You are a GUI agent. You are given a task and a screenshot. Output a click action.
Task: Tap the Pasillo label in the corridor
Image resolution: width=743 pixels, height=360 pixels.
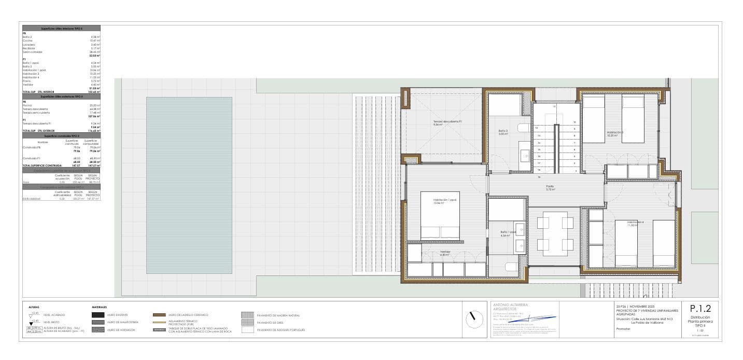click(x=550, y=186)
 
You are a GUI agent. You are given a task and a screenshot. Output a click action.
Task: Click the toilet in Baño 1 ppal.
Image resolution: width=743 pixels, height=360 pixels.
click(x=511, y=268)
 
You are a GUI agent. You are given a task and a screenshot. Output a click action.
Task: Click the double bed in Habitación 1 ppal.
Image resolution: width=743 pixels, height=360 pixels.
click(x=440, y=233)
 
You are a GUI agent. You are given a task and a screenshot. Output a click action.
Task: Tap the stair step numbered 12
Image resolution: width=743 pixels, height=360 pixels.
click(x=537, y=128)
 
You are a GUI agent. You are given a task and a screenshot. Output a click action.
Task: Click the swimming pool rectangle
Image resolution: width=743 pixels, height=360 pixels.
click(x=189, y=185)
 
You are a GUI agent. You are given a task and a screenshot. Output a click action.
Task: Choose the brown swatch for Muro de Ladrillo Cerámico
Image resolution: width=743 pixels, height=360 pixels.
click(x=160, y=315)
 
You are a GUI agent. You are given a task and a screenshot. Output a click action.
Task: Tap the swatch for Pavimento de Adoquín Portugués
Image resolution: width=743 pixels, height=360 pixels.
click(x=247, y=329)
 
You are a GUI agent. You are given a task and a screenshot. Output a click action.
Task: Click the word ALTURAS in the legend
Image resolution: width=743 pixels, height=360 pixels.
click(x=34, y=307)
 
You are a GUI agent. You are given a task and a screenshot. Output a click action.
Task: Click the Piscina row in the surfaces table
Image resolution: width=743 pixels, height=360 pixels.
click(x=28, y=105)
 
